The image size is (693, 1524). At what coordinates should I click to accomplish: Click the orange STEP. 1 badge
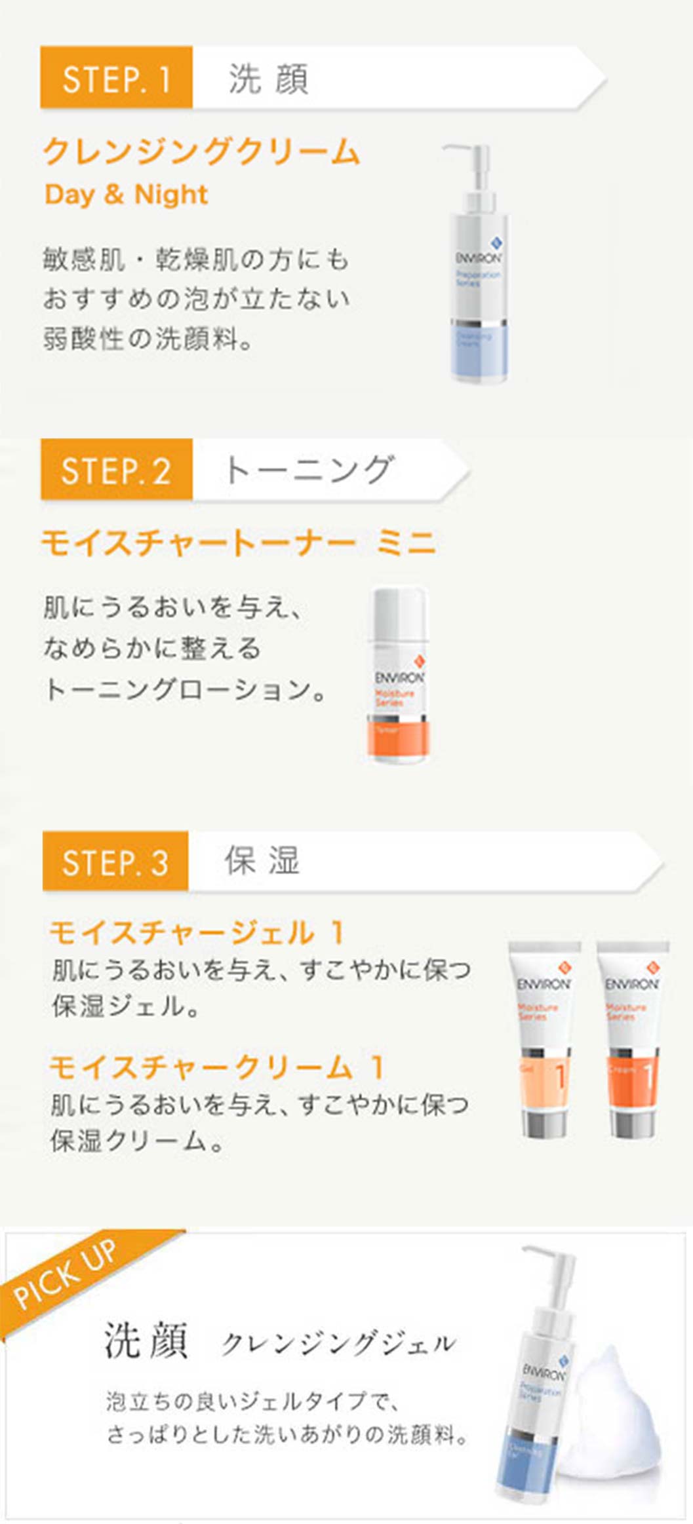(116, 77)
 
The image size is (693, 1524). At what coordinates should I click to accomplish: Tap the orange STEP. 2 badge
(116, 470)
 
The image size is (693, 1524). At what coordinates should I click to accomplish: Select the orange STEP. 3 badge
(115, 862)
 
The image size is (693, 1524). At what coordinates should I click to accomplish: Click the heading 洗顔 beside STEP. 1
(268, 79)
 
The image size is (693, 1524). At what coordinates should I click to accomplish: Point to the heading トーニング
(308, 470)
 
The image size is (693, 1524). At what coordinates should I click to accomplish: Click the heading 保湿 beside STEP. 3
(262, 861)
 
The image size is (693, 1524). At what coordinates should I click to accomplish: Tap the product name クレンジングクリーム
(201, 151)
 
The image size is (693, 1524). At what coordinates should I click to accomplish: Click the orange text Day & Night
(126, 195)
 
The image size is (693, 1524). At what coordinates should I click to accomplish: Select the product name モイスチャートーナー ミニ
(239, 543)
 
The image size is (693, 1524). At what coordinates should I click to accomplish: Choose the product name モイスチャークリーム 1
(216, 1067)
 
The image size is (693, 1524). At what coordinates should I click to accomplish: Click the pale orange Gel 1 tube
(544, 1042)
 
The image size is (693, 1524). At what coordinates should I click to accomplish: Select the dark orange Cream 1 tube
(632, 1042)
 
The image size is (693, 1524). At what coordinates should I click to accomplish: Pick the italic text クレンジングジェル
(338, 1343)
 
